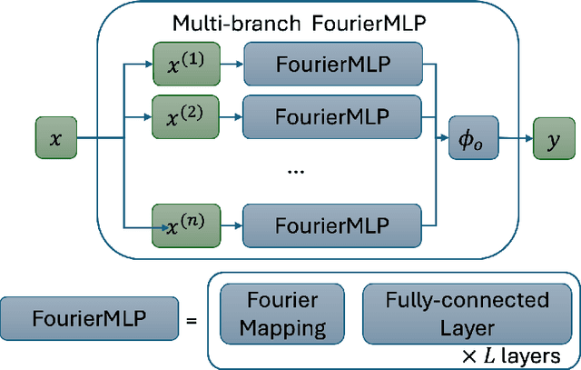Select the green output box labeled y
[x=551, y=138]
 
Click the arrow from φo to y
[x=515, y=138]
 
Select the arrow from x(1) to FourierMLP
[x=227, y=65]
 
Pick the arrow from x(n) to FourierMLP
[x=227, y=223]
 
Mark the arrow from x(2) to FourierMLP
[x=227, y=115]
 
